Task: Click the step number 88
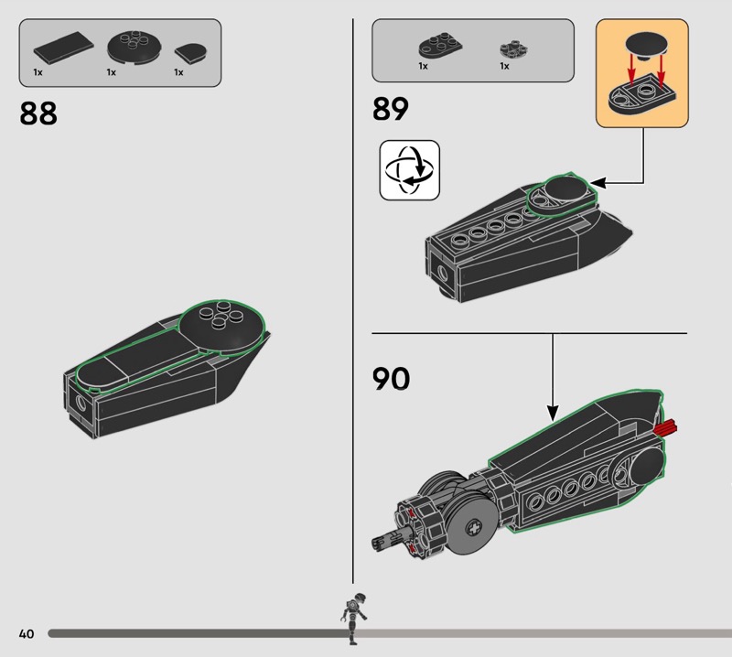tap(38, 113)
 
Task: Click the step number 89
tap(391, 109)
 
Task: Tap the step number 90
tap(392, 379)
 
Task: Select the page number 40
tap(27, 633)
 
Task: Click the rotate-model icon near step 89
tap(409, 170)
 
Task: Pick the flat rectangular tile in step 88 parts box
tap(63, 48)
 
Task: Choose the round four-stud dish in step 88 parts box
tap(135, 47)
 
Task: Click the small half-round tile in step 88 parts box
tap(190, 54)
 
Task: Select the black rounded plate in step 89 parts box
tap(440, 46)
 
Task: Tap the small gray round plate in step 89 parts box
tap(513, 48)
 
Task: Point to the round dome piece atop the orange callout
tap(647, 46)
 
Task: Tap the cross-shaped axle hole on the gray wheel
tap(475, 529)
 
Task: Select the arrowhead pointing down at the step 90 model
tap(553, 414)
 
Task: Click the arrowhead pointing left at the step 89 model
tap(598, 183)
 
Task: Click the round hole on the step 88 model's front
tap(81, 403)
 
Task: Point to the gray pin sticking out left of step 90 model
tap(386, 541)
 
